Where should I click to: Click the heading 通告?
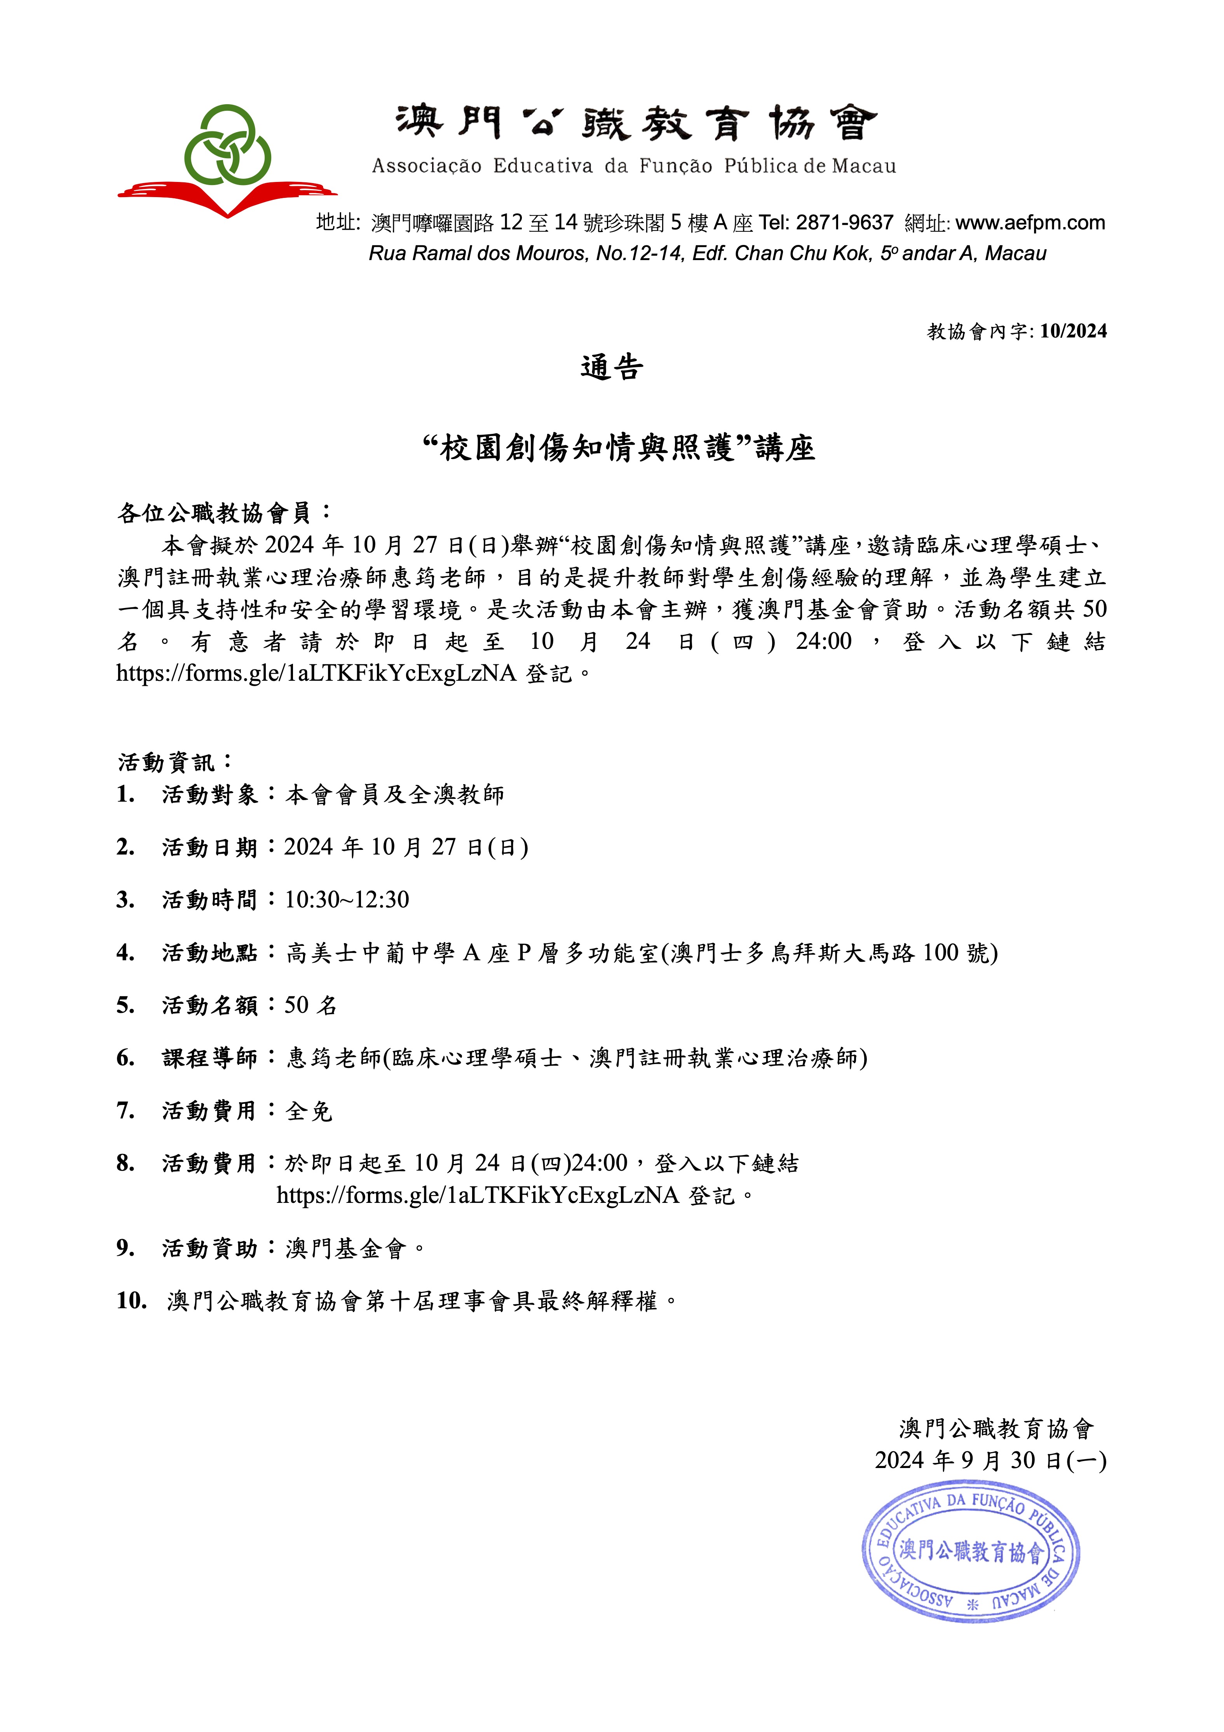click(x=612, y=368)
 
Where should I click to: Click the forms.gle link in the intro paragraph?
click(x=316, y=673)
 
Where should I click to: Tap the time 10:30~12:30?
click(x=347, y=900)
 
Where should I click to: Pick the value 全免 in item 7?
click(x=309, y=1111)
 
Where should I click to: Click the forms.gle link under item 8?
click(x=478, y=1195)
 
